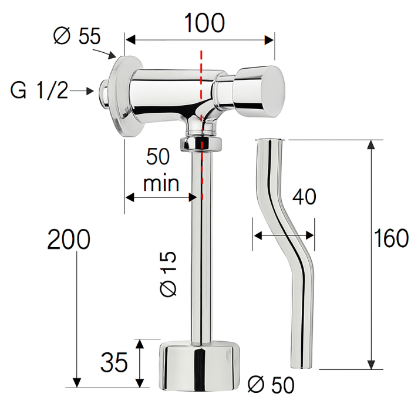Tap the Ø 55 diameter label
pyautogui.click(x=76, y=36)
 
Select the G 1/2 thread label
pyautogui.click(x=39, y=91)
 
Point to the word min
pyautogui.click(x=161, y=184)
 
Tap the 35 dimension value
pyautogui.click(x=114, y=363)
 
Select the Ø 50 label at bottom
pyautogui.click(x=271, y=384)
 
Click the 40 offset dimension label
pyautogui.click(x=304, y=197)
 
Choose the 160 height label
pyautogui.click(x=392, y=239)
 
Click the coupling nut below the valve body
pyautogui.click(x=202, y=143)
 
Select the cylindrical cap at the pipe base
pyautogui.click(x=201, y=366)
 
